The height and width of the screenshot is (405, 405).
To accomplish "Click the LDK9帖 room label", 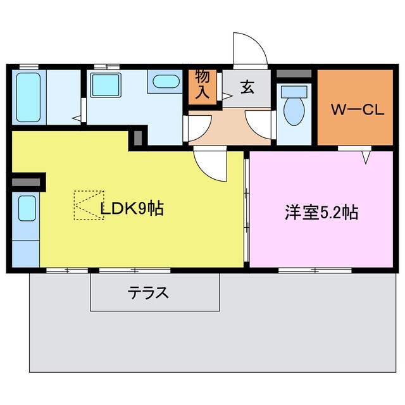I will pyautogui.click(x=132, y=208).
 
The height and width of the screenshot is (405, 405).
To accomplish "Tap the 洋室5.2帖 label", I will pyautogui.click(x=321, y=213).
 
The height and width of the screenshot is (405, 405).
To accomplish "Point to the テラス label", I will pyautogui.click(x=149, y=293).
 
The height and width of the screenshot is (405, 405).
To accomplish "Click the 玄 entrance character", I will pyautogui.click(x=247, y=88).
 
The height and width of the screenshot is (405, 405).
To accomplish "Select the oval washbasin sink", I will pyautogui.click(x=166, y=82).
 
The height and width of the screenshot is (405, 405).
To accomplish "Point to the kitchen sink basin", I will pyautogui.click(x=27, y=208).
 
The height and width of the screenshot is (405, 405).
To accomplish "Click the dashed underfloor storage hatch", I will pyautogui.click(x=88, y=205).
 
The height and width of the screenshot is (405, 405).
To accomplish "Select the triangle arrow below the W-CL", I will pyautogui.click(x=366, y=156).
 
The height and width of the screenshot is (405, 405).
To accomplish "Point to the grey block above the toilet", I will pyautogui.click(x=295, y=74).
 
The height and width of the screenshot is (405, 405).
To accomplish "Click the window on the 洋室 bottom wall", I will pyautogui.click(x=306, y=270).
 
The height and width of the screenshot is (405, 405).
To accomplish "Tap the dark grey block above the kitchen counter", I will pyautogui.click(x=26, y=183).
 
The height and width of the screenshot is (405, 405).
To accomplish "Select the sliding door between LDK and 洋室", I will pyautogui.click(x=246, y=209).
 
